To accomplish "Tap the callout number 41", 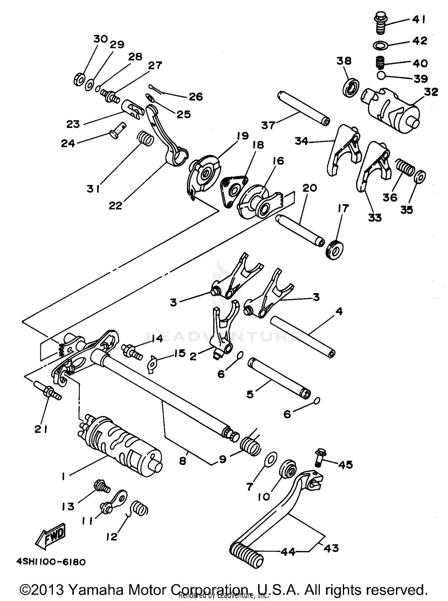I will pos(419,19).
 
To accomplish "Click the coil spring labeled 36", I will pos(405,167).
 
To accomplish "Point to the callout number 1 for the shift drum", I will pos(63,477).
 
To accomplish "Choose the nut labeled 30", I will pos(79,80).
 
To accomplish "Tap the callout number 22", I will pos(116,206).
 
